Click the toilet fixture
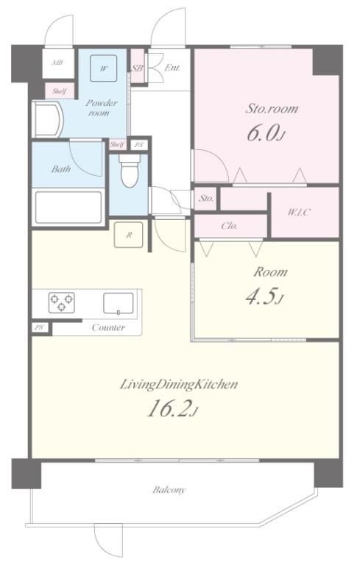(130, 171)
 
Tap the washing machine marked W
(104, 68)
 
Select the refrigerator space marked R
(128, 235)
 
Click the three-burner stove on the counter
(62, 302)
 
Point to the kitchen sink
(119, 303)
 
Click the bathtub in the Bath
(68, 207)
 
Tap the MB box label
(57, 63)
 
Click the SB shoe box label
(137, 68)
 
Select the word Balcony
(169, 490)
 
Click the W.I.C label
(299, 212)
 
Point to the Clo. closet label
(230, 226)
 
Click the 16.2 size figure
(168, 410)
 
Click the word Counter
(108, 327)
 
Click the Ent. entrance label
(172, 68)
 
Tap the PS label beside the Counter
(38, 328)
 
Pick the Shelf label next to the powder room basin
(59, 90)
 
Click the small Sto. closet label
(206, 198)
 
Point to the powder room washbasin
(49, 120)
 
